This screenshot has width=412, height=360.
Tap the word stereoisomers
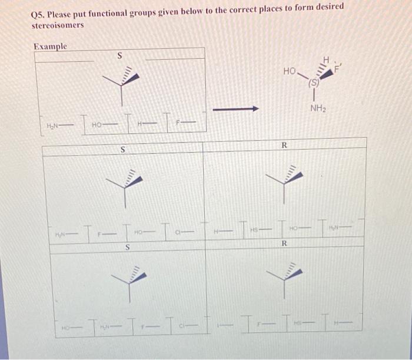point(57,25)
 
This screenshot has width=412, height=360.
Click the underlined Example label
point(50,46)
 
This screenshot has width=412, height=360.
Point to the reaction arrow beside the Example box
point(235,109)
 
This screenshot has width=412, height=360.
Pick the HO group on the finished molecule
point(289,71)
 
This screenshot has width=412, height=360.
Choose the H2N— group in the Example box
point(55,126)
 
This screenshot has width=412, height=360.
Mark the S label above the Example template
point(119,56)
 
